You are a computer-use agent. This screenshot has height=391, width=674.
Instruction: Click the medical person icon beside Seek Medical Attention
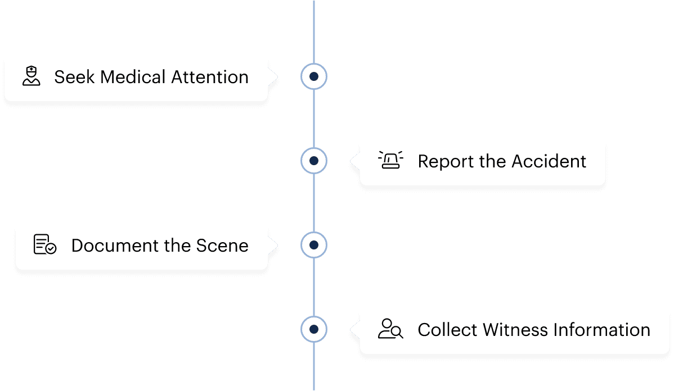click(32, 76)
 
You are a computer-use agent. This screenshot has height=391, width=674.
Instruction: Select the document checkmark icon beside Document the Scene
click(44, 244)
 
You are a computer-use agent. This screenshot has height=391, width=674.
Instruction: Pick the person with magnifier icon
click(390, 329)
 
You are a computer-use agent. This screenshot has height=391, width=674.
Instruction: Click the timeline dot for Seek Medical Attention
click(314, 76)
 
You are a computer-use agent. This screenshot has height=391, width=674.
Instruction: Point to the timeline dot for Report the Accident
click(314, 161)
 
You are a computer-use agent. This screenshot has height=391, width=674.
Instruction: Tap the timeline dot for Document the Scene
click(314, 245)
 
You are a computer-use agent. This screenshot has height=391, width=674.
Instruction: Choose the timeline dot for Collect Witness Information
click(314, 329)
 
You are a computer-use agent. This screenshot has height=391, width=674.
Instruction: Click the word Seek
click(74, 78)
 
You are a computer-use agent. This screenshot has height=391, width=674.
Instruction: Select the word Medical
click(133, 78)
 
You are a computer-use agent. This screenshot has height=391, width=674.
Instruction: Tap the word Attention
click(210, 78)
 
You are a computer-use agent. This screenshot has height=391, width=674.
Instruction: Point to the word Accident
click(549, 161)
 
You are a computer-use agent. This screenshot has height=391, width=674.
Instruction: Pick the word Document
click(115, 246)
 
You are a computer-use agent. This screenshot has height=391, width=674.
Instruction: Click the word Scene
click(222, 246)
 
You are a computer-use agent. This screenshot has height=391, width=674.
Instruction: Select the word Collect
click(447, 330)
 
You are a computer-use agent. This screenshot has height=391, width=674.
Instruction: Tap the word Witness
click(515, 330)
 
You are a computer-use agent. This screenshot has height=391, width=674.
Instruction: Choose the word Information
click(602, 330)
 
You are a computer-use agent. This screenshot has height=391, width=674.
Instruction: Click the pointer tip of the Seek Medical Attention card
click(278, 77)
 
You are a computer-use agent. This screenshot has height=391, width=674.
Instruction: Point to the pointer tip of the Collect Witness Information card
click(351, 330)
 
